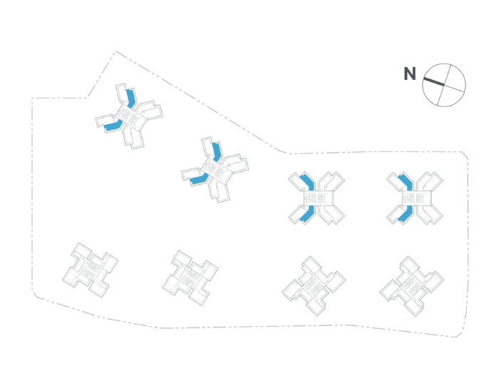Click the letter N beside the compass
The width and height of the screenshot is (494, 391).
[409, 73]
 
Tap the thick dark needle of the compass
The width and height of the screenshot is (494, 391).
[433, 81]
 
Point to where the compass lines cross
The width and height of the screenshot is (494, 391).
[444, 84]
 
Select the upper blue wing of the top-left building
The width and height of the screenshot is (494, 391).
[130, 97]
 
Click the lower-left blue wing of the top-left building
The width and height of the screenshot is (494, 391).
[112, 127]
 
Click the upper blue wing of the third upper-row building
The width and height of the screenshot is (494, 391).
[307, 183]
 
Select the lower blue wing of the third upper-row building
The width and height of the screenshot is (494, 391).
[304, 214]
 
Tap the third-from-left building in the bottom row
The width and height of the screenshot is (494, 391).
[313, 285]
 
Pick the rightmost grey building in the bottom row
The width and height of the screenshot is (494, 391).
[412, 285]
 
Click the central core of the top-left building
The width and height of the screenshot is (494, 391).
[129, 115]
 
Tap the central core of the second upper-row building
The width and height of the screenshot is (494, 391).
[215, 170]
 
